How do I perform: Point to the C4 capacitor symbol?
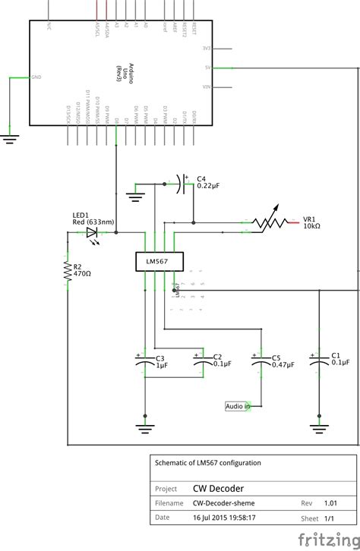[183, 182]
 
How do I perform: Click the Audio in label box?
[238, 406]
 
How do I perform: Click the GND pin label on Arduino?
[37, 77]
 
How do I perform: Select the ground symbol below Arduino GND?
[10, 137]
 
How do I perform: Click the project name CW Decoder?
[218, 488]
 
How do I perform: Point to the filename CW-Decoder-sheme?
[223, 502]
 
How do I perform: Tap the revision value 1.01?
[329, 502]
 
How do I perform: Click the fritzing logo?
[327, 539]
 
